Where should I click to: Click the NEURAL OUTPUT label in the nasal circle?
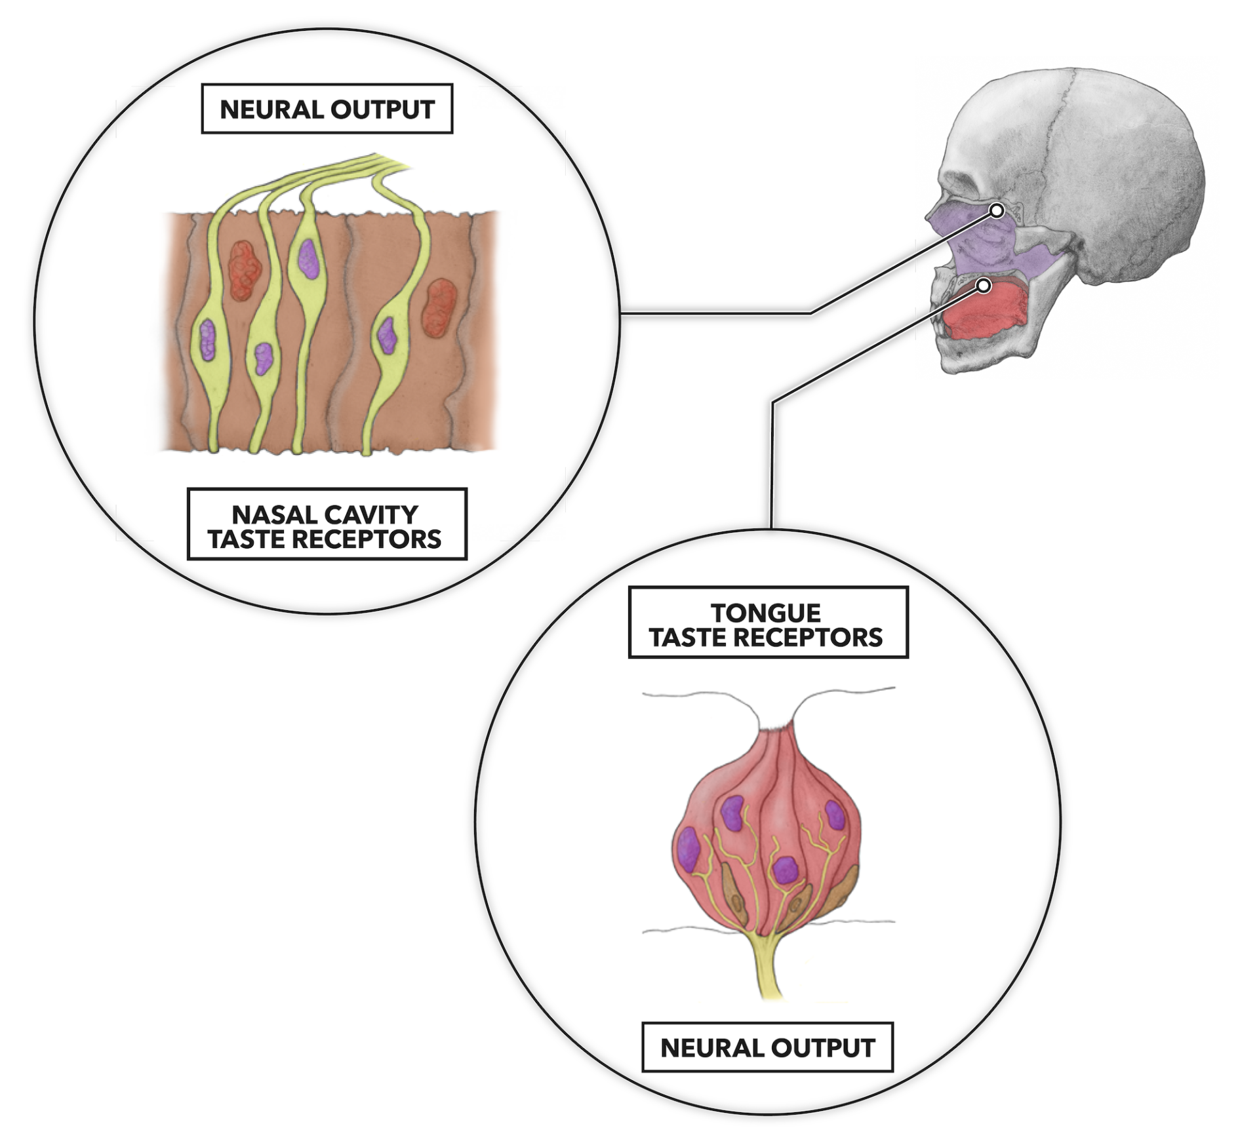(x=327, y=109)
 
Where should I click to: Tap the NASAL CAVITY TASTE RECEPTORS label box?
(x=327, y=524)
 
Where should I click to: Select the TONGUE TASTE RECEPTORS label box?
(x=768, y=622)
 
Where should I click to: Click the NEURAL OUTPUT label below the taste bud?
(x=767, y=1047)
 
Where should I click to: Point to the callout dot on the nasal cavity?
(x=996, y=211)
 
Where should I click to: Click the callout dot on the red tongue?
(x=983, y=286)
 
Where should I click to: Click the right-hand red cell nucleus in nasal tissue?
(x=439, y=307)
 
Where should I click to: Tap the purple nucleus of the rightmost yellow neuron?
(x=387, y=334)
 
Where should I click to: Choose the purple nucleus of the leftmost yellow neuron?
(x=208, y=339)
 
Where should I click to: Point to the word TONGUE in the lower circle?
(x=766, y=613)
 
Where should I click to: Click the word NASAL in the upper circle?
(x=271, y=514)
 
